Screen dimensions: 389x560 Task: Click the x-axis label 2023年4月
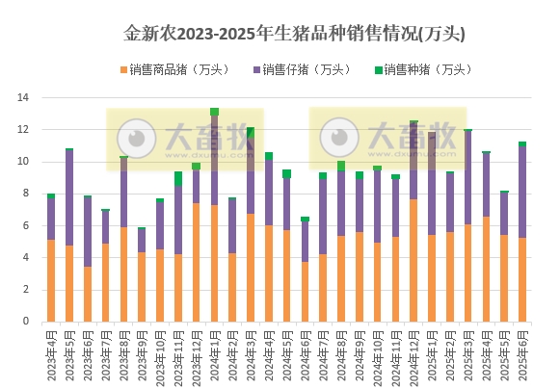[51, 355]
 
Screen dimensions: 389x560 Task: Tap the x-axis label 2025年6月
[522, 355]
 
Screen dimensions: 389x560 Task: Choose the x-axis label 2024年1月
[214, 355]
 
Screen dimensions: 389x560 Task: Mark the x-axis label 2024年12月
[413, 355]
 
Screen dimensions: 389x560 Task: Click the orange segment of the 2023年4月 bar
[51, 280]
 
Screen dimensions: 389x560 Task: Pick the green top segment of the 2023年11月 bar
[178, 179]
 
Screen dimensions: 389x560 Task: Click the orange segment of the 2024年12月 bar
[413, 260]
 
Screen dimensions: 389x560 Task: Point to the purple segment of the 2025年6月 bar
[522, 193]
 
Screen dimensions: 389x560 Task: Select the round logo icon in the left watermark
[137, 139]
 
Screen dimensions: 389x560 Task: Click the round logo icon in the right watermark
[339, 139]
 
